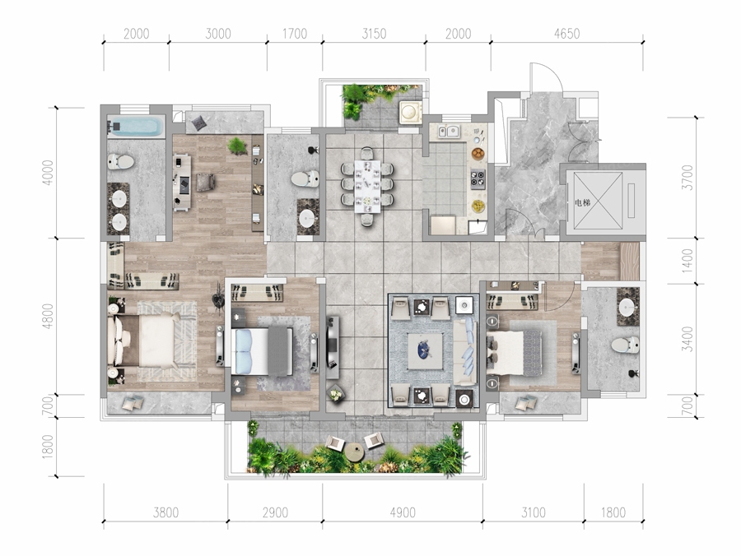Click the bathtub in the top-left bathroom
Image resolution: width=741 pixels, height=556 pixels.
point(135,127)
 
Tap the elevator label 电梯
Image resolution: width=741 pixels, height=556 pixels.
point(582,203)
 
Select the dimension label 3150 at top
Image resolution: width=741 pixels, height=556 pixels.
point(374,34)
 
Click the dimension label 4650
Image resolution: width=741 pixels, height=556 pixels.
point(566,34)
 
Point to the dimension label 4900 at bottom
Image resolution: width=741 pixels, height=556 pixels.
point(403,512)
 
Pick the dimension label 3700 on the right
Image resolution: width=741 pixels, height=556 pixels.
point(687,178)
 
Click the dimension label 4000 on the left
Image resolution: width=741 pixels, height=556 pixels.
point(48,173)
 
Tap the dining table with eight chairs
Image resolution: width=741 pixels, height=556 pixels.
point(367,186)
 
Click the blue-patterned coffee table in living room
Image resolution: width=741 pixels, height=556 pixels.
point(425,350)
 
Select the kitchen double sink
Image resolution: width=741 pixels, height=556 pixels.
point(448,132)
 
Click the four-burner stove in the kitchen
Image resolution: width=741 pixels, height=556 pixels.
point(478,179)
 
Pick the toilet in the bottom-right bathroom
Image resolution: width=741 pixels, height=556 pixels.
point(625,345)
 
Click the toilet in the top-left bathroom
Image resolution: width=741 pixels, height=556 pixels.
point(120,162)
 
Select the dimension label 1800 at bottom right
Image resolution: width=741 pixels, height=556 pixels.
point(613,512)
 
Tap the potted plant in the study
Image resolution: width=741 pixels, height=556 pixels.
point(238,146)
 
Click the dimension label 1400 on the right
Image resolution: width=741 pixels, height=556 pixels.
point(687,261)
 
